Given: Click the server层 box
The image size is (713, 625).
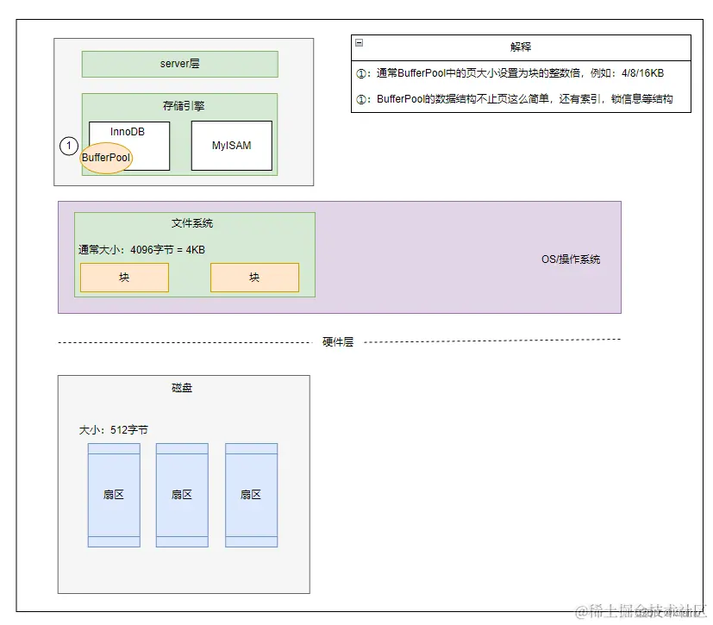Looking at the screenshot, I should (x=179, y=64).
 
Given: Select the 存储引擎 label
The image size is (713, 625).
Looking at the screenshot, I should (x=184, y=106).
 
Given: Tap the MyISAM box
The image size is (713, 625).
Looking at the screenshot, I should (x=231, y=146).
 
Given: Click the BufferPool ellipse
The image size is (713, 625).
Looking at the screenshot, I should (x=106, y=158).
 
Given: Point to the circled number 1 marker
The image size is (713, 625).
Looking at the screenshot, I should (x=70, y=147).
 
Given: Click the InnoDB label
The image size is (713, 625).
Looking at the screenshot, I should (x=128, y=131).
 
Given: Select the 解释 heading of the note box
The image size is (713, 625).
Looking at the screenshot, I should (x=521, y=47).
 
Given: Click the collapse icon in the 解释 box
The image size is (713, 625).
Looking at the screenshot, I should (x=359, y=42).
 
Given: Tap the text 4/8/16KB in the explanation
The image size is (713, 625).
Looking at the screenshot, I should (x=635, y=73).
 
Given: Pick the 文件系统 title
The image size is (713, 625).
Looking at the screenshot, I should (x=192, y=223).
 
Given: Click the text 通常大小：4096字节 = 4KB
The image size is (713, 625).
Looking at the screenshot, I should (x=141, y=250).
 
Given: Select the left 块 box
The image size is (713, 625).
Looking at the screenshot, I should (x=124, y=278).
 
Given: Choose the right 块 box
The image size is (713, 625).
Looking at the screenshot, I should (x=254, y=278).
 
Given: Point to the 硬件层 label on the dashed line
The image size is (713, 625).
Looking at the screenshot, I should (x=338, y=342).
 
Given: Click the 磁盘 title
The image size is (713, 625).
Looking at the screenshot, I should (x=182, y=388).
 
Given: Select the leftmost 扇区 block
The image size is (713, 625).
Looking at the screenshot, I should (x=114, y=495).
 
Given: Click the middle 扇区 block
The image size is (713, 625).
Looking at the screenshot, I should (x=182, y=495).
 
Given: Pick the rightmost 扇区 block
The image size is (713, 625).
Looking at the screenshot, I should (x=251, y=495).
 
